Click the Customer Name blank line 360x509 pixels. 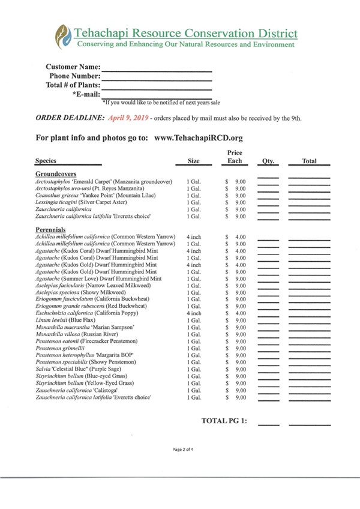pos(157,70)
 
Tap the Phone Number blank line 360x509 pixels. pos(157,79)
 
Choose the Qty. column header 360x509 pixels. pos(268,161)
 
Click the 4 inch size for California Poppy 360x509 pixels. pos(194,313)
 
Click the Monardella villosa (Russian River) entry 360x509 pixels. pos(76,334)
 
